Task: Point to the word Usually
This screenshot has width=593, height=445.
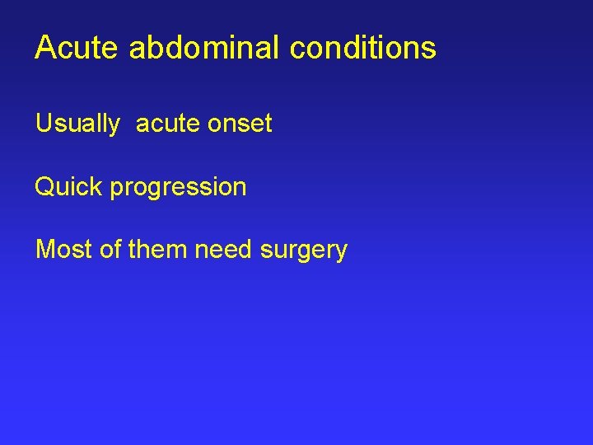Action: click(x=77, y=124)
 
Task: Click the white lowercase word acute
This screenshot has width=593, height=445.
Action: click(x=167, y=124)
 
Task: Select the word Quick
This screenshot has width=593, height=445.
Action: click(x=69, y=187)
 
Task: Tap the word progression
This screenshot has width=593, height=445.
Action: click(x=179, y=188)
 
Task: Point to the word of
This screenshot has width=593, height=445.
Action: click(x=110, y=249)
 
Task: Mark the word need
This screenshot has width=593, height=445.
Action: click(x=224, y=249)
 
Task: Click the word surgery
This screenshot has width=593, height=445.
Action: click(x=304, y=251)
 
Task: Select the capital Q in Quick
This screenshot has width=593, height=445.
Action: click(x=44, y=187)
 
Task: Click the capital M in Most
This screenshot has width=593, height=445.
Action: click(x=44, y=249)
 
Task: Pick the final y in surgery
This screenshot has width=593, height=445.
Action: click(x=342, y=252)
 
